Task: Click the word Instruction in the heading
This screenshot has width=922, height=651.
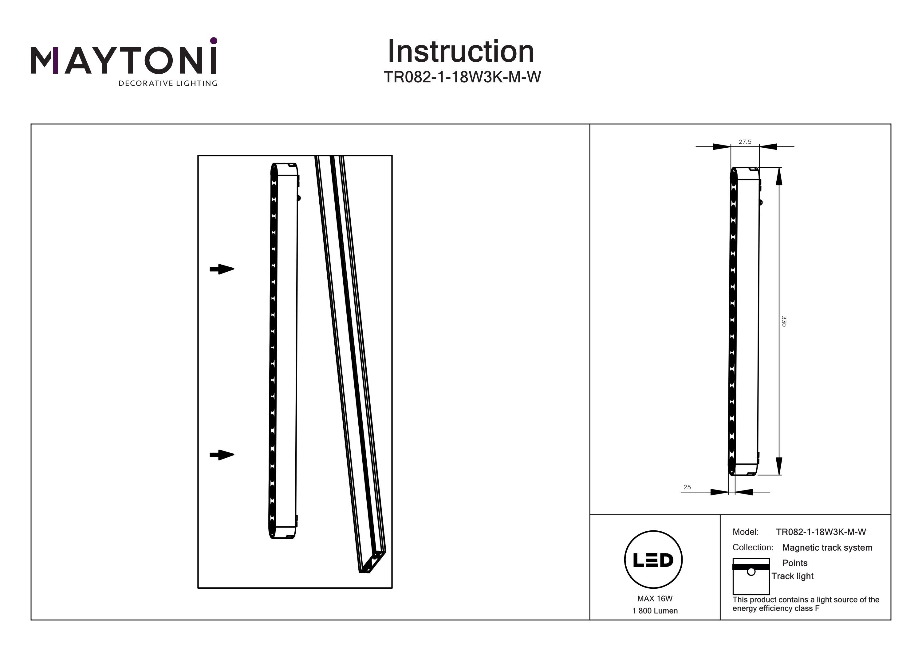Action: [461, 52]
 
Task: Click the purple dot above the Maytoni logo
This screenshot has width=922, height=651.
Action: [214, 41]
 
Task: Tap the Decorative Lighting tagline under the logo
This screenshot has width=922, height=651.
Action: [168, 83]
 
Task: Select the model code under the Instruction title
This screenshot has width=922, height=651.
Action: [462, 77]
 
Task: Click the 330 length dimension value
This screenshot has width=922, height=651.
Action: [783, 321]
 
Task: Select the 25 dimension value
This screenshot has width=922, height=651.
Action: [687, 487]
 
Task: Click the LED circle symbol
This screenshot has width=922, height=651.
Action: [653, 560]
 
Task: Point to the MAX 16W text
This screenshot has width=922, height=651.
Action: [655, 599]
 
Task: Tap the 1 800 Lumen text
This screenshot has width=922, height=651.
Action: [655, 611]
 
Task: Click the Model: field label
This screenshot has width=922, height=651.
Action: [745, 532]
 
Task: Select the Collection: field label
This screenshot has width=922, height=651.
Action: [753, 547]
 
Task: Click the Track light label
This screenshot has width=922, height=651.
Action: [792, 576]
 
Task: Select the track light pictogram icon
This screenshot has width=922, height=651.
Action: [751, 576]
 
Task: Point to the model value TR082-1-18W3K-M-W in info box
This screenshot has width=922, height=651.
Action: [821, 532]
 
